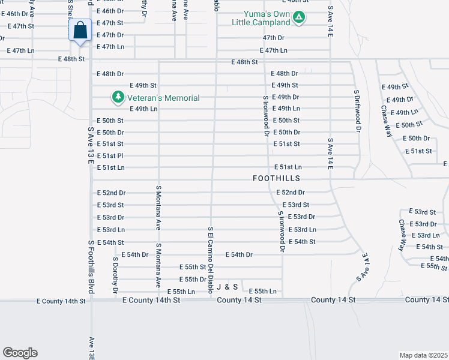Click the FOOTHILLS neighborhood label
click(276, 179)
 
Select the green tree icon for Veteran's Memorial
click(118, 97)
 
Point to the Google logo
click(20, 353)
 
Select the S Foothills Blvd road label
click(91, 267)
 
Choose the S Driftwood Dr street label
click(356, 110)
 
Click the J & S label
click(228, 287)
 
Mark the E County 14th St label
click(61, 301)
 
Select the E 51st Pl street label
click(110, 156)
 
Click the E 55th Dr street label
click(193, 280)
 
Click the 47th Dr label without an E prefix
click(277, 37)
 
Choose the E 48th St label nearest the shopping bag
click(71, 59)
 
